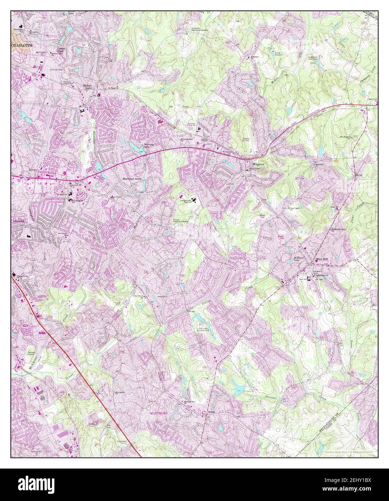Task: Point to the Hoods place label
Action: pos(211,412)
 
